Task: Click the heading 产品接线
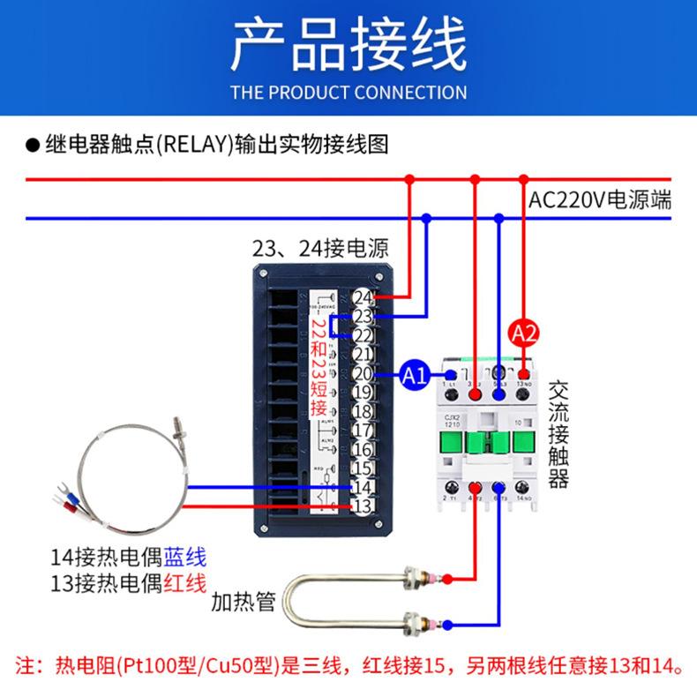[x=348, y=46]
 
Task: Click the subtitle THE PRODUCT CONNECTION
[x=348, y=92]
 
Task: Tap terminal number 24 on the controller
[x=363, y=297]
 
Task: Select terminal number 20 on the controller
[x=363, y=374]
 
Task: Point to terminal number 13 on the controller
[x=363, y=506]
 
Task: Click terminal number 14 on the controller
[x=363, y=487]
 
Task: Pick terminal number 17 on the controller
[x=363, y=431]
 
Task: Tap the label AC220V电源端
[x=600, y=199]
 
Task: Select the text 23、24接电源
[x=320, y=249]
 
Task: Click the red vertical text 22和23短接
[x=319, y=366]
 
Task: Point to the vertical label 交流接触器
[x=558, y=434]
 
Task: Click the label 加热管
[x=243, y=604]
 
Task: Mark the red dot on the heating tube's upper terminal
[x=447, y=580]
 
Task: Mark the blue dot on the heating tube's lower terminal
[x=447, y=624]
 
